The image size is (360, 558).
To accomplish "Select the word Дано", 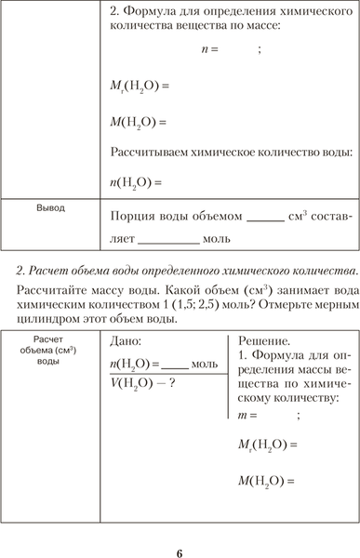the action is coord(127,342).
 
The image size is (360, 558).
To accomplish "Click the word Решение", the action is coord(264,342).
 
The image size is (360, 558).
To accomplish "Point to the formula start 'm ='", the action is coord(246,416).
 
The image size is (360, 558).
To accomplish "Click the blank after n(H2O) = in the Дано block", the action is coord(175,364).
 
